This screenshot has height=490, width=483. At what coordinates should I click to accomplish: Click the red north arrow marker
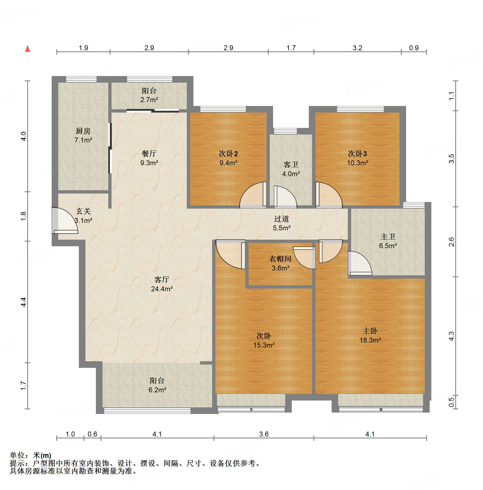point(27,49)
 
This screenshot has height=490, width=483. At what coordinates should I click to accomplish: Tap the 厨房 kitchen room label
point(83,131)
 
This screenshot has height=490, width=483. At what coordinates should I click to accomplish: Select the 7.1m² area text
point(83,140)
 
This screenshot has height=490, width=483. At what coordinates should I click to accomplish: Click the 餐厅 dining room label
point(149,153)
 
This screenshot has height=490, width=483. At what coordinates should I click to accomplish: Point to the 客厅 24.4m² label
point(162,284)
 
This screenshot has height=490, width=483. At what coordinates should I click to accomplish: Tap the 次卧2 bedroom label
point(228,153)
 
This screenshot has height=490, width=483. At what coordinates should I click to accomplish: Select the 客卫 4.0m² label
point(291,169)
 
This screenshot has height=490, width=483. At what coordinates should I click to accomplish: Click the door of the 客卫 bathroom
point(284,196)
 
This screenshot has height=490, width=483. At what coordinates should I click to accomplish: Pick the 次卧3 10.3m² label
point(357,158)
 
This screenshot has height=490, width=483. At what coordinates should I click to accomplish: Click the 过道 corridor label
point(281,219)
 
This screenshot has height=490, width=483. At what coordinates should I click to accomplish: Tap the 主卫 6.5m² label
point(388,241)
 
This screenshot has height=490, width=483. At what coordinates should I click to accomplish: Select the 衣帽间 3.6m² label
point(280,263)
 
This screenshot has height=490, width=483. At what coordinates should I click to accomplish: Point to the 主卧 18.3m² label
point(370,335)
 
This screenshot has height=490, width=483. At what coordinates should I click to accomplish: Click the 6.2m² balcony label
point(157,390)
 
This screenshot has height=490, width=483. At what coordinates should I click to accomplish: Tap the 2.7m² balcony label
point(149,100)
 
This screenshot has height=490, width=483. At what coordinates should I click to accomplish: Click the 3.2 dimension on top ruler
point(357,48)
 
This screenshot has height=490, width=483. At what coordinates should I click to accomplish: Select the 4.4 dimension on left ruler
point(24,302)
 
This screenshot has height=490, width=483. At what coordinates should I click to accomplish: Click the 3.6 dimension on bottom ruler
point(263,434)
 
